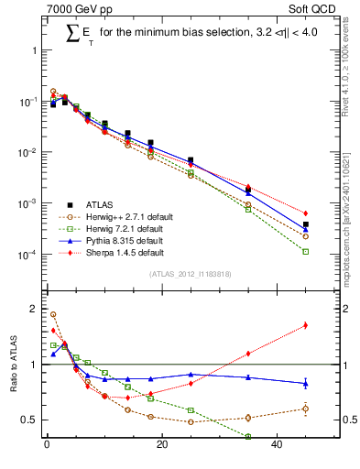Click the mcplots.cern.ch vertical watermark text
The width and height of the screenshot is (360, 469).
click(x=351, y=220)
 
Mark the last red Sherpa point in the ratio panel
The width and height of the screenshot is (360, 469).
click(x=306, y=325)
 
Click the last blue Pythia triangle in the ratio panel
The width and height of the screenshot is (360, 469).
click(x=306, y=383)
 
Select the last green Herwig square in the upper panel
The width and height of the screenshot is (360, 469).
click(x=306, y=251)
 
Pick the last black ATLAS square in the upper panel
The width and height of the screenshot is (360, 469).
click(x=306, y=224)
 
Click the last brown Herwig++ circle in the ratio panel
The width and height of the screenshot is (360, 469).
click(x=306, y=409)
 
